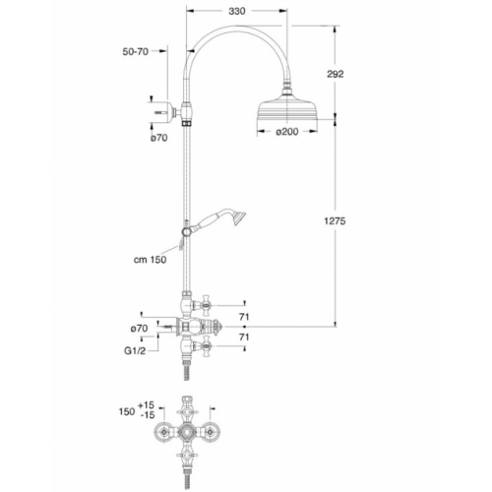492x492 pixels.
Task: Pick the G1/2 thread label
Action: (x=137, y=348)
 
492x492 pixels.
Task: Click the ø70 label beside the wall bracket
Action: (x=160, y=138)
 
